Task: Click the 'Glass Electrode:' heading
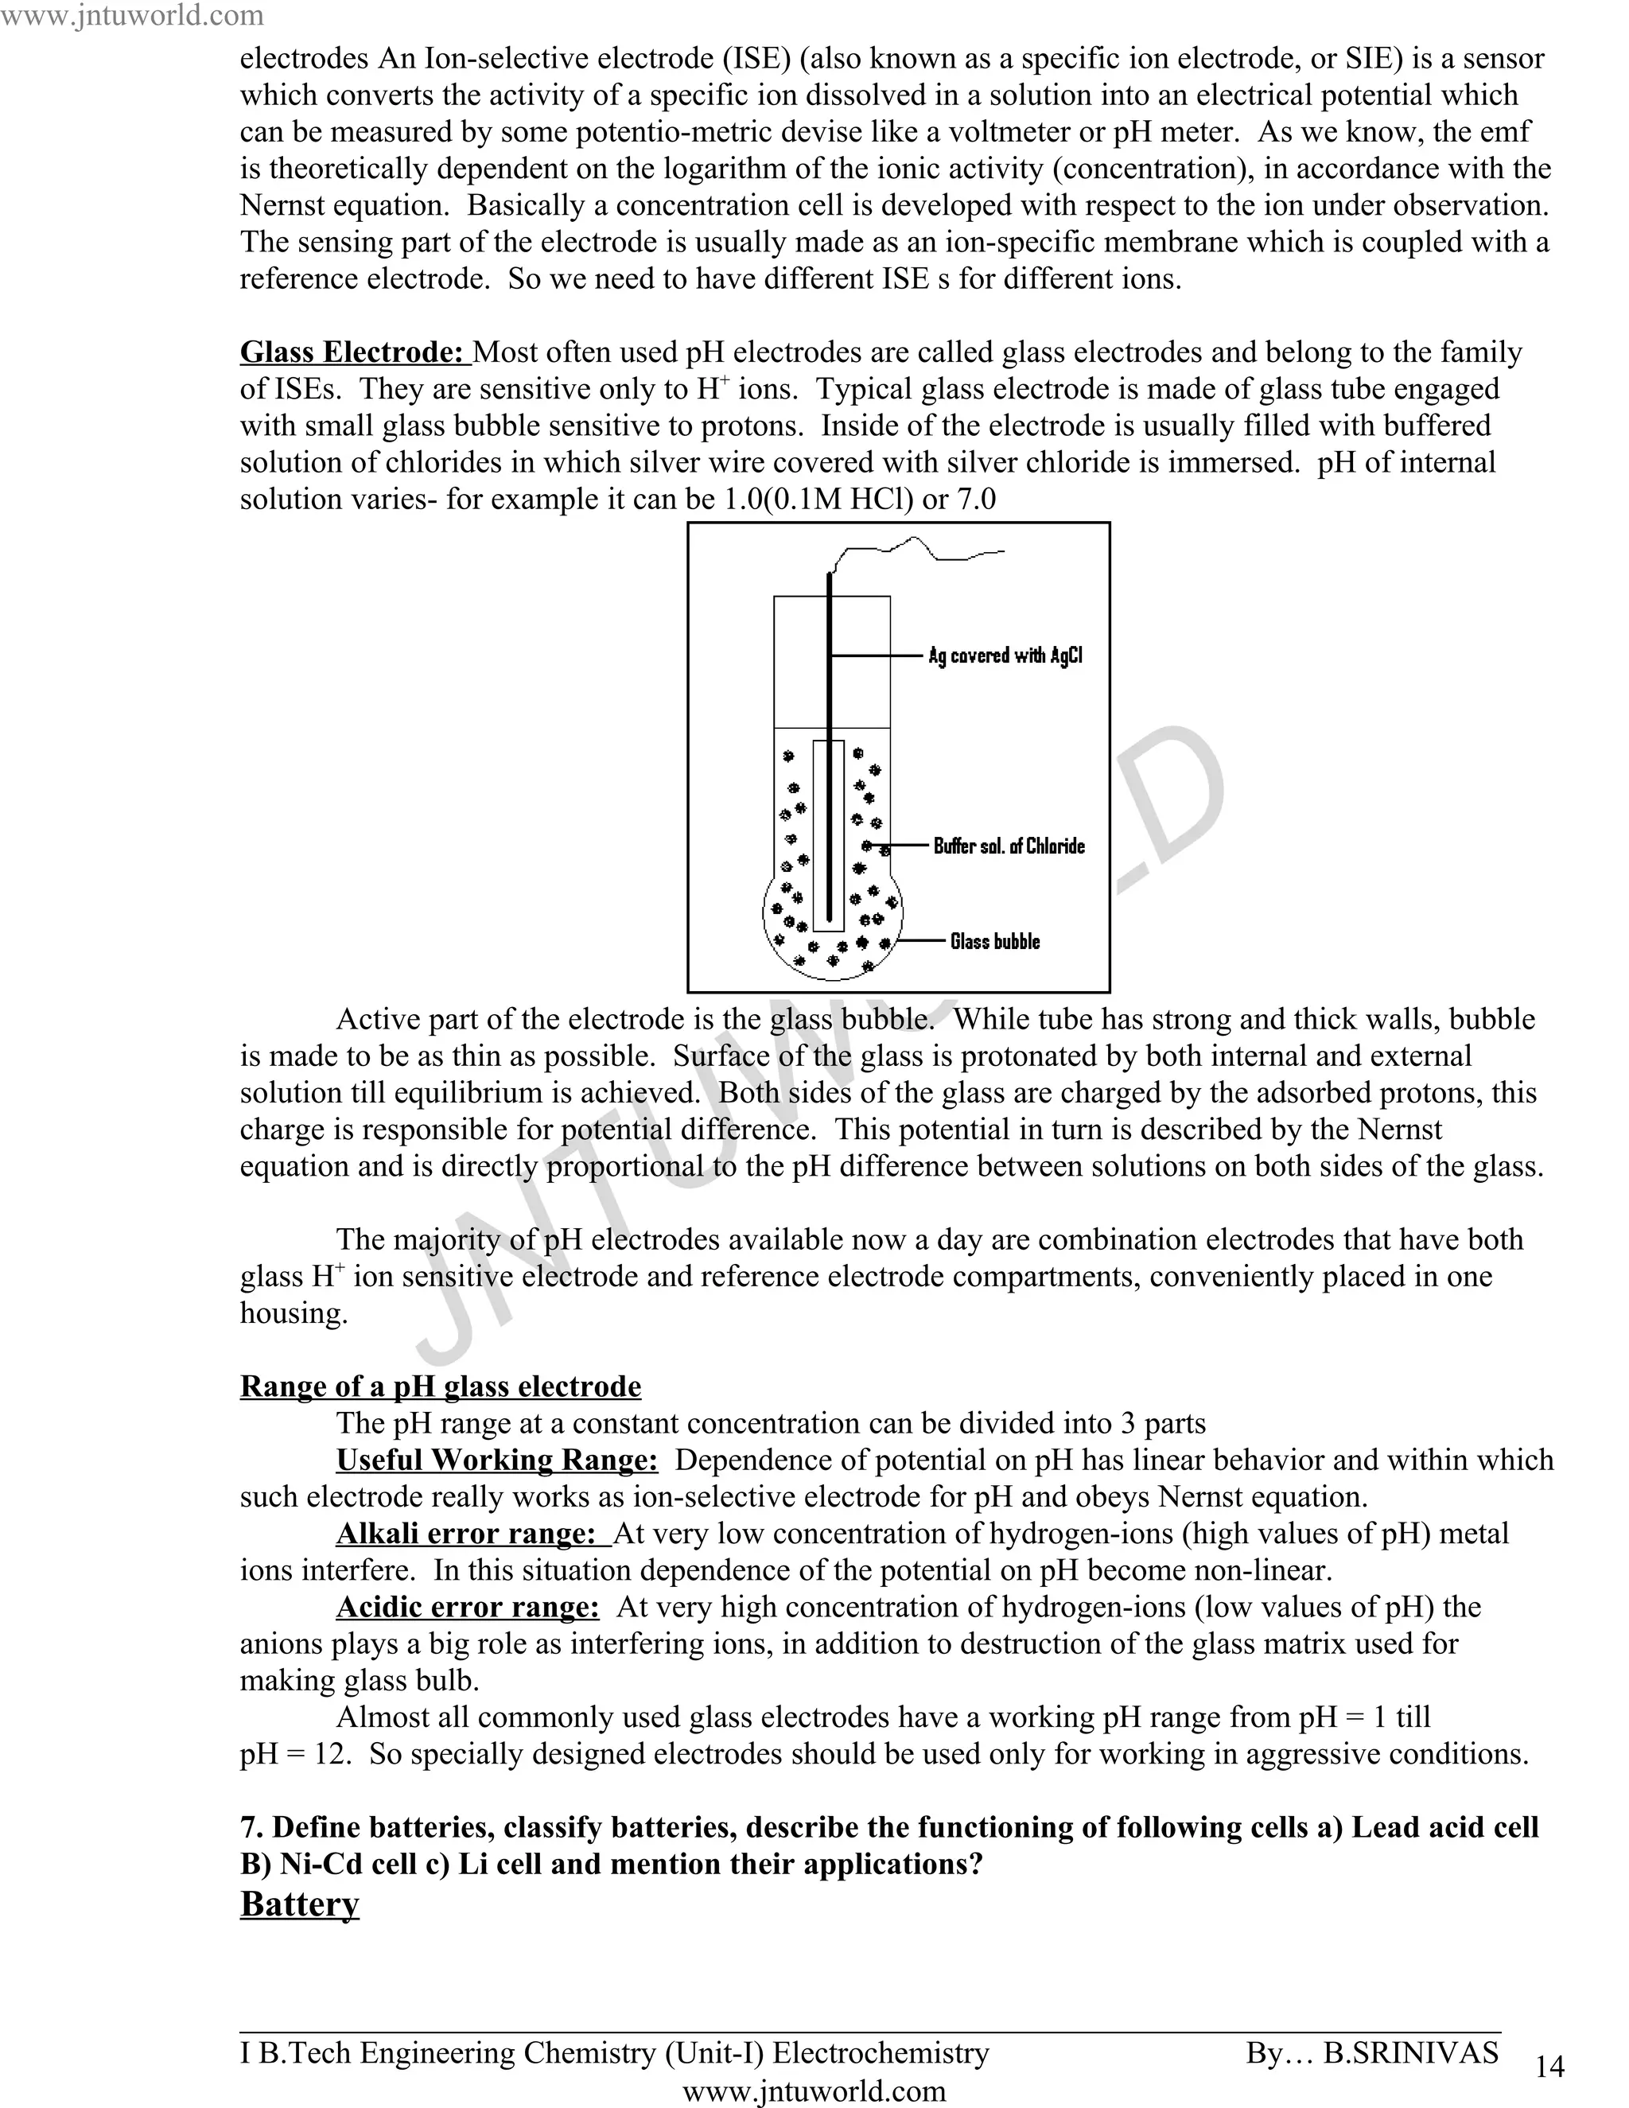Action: (353, 352)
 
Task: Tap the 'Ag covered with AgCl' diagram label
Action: (1005, 655)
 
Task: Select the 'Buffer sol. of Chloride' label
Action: (1009, 846)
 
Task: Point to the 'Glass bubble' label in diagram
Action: (995, 941)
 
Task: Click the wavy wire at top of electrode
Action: (917, 550)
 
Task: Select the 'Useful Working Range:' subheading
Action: (497, 1460)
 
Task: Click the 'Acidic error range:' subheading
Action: (468, 1606)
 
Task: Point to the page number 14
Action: (1549, 2066)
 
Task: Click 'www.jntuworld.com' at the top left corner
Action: (131, 15)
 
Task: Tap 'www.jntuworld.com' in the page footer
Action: (814, 2090)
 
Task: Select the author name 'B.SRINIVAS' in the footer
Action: (1410, 2052)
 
